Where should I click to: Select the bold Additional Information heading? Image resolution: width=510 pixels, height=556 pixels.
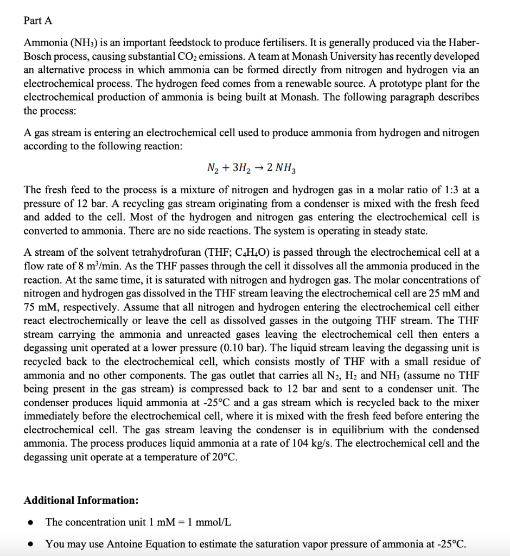[81, 500]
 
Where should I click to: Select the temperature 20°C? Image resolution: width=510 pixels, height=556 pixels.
[223, 457]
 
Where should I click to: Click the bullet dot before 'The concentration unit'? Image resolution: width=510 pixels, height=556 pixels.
[33, 522]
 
